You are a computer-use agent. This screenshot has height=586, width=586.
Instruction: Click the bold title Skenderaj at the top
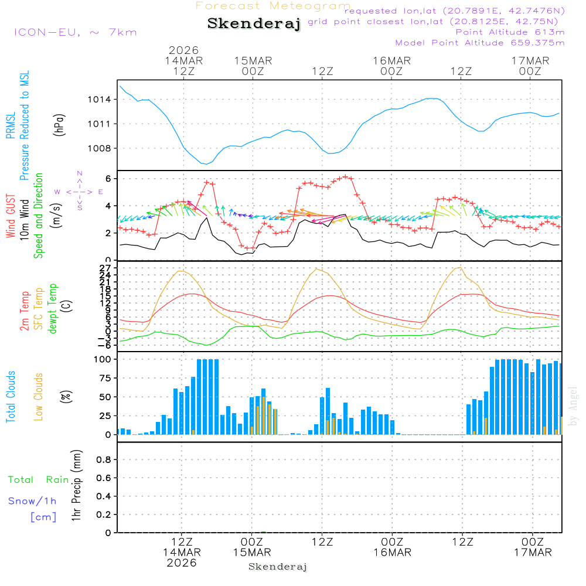pos(254,23)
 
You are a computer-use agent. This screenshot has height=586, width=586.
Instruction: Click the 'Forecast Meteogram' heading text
pos(273,6)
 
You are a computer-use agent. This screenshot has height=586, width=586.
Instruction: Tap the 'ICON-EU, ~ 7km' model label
pos(75,32)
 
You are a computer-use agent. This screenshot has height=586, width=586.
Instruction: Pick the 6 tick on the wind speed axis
pos(109,178)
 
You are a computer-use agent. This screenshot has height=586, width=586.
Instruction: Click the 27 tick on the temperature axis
pos(105,268)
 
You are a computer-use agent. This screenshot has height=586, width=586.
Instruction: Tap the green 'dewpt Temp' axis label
pos(53,309)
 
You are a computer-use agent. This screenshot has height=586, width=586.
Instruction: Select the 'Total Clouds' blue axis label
pos(11,397)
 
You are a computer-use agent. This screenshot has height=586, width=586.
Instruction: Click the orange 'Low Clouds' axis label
pos(39,397)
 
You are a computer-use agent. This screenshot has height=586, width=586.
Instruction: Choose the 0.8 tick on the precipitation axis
pos(104,460)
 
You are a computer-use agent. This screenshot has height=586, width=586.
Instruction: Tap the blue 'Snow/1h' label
pos(32,501)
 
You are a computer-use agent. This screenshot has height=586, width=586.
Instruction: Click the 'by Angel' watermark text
pos(573,406)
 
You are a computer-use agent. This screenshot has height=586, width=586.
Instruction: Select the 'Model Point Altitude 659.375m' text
pos(479,43)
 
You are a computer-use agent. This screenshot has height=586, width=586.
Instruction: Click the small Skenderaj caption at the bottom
pos(278,567)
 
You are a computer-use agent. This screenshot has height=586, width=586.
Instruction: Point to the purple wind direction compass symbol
pos(80,192)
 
